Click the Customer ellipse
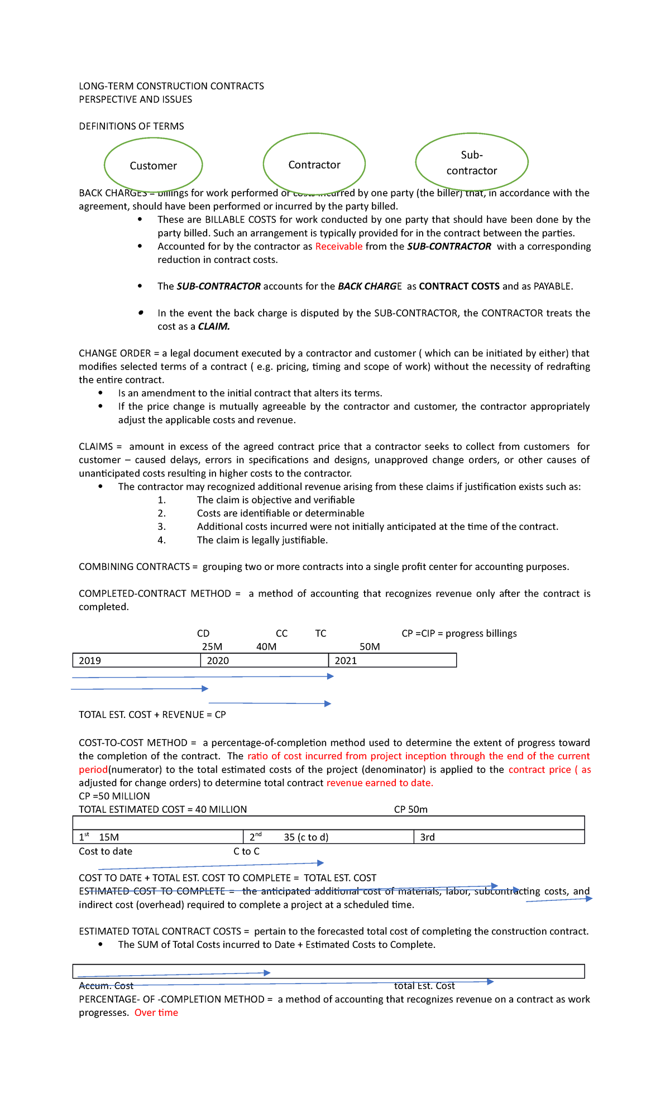tap(153, 165)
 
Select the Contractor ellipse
tap(314, 164)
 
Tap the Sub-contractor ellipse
tap(471, 162)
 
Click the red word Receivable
tap(338, 246)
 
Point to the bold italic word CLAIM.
tap(214, 327)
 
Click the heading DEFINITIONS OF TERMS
tap(131, 126)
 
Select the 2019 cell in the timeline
tap(136, 660)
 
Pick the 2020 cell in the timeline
tap(264, 660)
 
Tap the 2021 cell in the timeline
tap(392, 660)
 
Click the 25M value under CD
tap(212, 646)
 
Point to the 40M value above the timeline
tap(266, 646)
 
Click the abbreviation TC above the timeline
tap(320, 633)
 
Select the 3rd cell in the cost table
tap(499, 837)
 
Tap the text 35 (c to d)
tap(306, 837)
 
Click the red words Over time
tap(156, 1013)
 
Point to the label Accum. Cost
tap(106, 986)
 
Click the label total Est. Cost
tap(424, 986)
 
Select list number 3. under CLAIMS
tap(161, 526)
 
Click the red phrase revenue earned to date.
tap(380, 783)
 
